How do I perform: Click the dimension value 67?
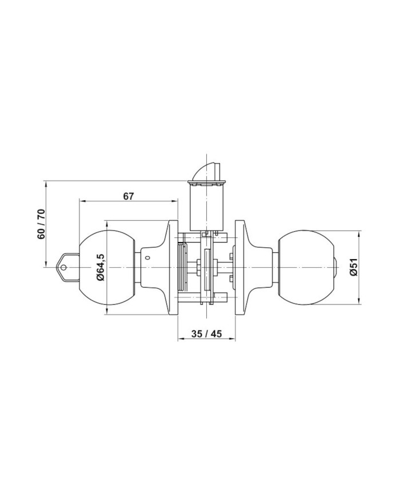pos(128,196)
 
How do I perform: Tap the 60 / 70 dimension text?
pos(41,224)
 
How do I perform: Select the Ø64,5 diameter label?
pos(100,267)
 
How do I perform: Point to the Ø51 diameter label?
pos(354,267)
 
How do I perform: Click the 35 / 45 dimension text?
pos(207,333)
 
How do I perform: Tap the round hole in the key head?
pos(63,268)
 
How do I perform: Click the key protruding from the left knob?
pos(68,268)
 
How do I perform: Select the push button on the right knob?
pos(335,268)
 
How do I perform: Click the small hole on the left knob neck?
pos(147,258)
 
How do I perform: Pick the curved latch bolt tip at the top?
pos(206,171)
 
